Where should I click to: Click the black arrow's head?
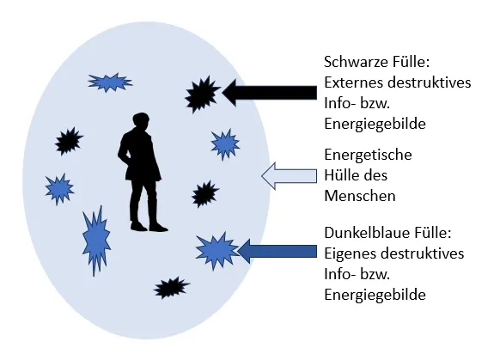(x=229, y=93)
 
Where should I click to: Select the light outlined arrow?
(x=289, y=176)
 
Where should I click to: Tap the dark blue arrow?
(x=277, y=251)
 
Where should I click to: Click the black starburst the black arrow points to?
(x=202, y=94)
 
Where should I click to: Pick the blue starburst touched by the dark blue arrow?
(x=216, y=251)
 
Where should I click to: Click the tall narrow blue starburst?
(x=96, y=241)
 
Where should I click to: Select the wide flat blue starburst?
(x=110, y=82)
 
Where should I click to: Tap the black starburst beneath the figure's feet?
(x=171, y=287)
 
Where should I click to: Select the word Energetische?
(x=369, y=155)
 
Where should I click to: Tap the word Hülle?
(x=340, y=175)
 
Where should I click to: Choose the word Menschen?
(x=360, y=196)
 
